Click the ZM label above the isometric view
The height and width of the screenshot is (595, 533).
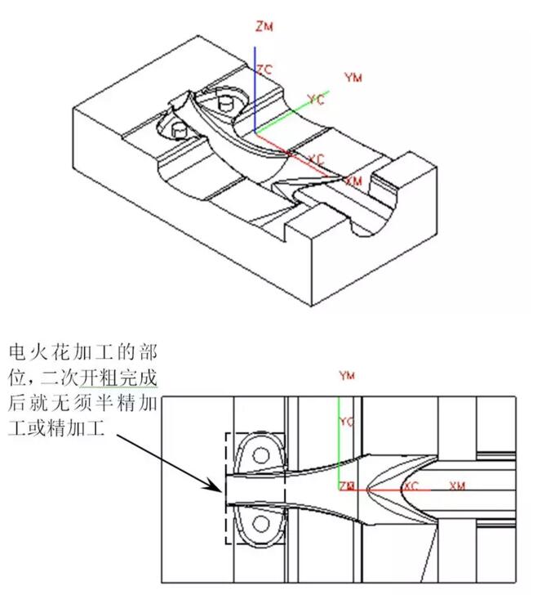pos(264,26)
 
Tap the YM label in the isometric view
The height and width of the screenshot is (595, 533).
pos(353,78)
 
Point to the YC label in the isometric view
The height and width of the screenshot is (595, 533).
pos(315,100)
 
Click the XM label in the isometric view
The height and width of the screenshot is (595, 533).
pos(353,180)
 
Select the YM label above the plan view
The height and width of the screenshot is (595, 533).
pos(347,376)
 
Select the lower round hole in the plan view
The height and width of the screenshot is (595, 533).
pos(261,521)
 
